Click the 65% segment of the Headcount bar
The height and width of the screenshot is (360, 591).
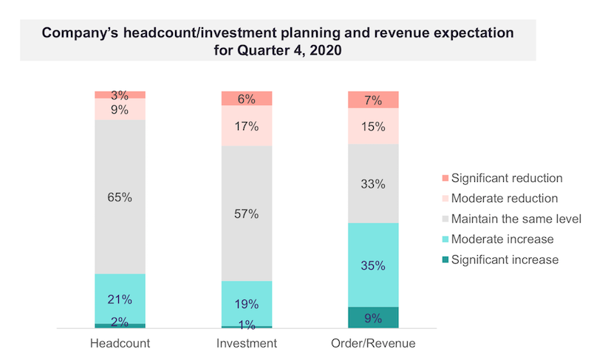click(120, 197)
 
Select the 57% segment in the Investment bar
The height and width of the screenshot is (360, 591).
click(247, 214)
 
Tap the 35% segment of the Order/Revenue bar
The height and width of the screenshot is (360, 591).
click(373, 265)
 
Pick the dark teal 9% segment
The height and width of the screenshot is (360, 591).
click(373, 318)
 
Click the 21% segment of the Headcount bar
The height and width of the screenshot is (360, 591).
click(120, 299)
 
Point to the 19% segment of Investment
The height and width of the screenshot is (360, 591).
click(247, 303)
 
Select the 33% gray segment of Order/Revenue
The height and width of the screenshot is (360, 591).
click(373, 183)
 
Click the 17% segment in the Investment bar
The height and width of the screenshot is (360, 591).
click(247, 126)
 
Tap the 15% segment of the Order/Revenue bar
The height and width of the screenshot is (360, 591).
click(373, 126)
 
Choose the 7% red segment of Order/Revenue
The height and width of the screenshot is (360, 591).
click(373, 100)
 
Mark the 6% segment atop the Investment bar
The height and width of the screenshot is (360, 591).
click(247, 99)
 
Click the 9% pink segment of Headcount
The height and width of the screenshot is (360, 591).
click(120, 109)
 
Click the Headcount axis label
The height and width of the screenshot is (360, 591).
click(120, 343)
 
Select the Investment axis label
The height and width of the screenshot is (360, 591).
click(247, 343)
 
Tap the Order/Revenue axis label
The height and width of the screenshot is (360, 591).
click(373, 343)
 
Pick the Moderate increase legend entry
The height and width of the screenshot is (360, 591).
click(502, 239)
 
